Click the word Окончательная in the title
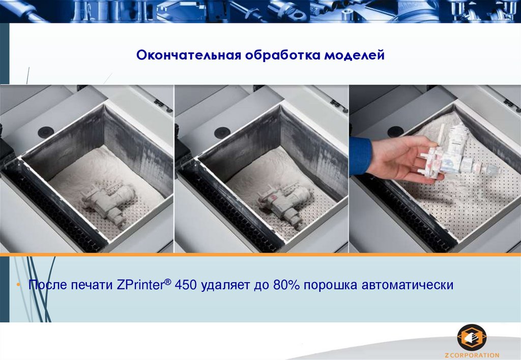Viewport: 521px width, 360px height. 189,55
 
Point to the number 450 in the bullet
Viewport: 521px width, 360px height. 186,285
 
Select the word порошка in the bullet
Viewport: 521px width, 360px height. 330,285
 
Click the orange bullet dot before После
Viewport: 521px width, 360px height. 19,285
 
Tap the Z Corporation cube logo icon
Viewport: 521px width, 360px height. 472,338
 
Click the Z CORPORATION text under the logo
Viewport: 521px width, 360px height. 472,355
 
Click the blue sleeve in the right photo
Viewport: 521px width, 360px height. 360,156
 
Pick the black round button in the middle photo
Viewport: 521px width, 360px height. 222,133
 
